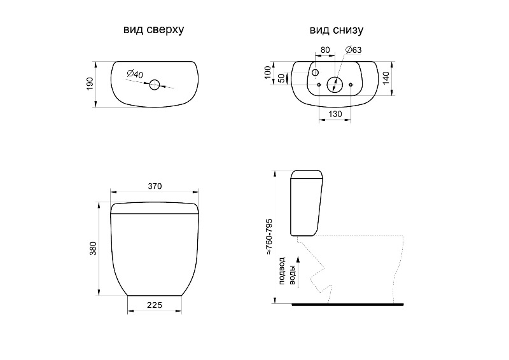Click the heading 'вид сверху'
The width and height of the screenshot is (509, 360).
point(153,29)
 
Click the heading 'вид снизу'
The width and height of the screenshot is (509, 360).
point(337,30)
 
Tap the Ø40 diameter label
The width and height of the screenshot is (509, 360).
point(135,74)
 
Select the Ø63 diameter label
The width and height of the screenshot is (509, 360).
point(353,50)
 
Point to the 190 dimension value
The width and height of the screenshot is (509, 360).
point(90,84)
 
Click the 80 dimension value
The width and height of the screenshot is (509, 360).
point(325,50)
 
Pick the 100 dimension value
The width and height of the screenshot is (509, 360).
point(267,73)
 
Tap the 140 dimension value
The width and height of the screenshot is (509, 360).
point(386,78)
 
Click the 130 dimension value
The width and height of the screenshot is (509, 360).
point(335,114)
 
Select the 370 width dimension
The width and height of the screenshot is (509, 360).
point(155,186)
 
